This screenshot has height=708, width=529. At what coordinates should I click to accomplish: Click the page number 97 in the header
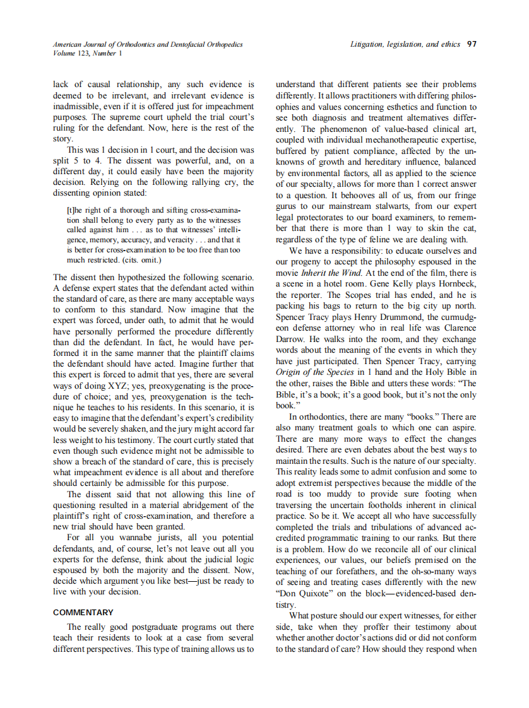pyautogui.click(x=471, y=45)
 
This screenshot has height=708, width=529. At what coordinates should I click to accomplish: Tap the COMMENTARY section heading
pyautogui.click(x=83, y=612)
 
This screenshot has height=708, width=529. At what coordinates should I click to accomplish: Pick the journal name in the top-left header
pyautogui.click(x=148, y=45)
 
